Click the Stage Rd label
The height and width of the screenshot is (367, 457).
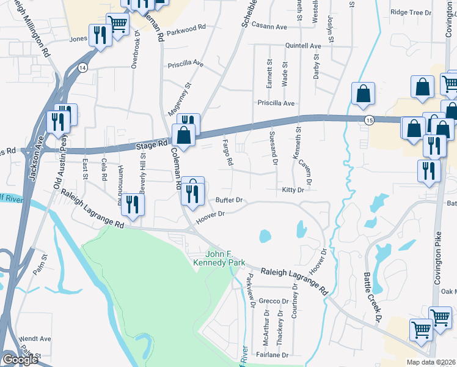(x=151, y=146)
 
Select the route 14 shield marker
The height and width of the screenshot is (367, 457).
(x=82, y=67)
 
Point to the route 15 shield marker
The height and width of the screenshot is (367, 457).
(x=368, y=119)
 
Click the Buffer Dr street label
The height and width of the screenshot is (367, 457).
(x=229, y=200)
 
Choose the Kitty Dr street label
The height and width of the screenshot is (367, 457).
(x=293, y=190)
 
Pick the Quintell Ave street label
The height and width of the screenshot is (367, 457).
(x=303, y=46)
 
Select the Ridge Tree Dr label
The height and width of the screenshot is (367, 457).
(x=411, y=12)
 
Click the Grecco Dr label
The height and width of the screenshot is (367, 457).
(x=274, y=301)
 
